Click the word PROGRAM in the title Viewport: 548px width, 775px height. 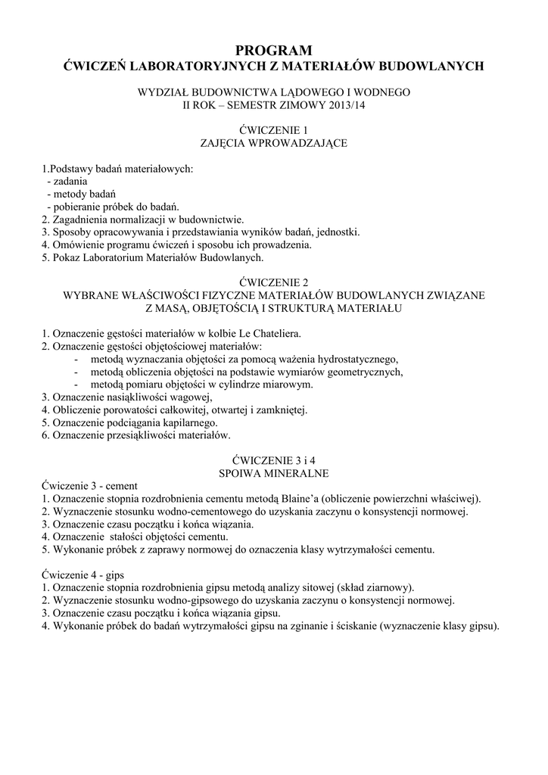(x=273, y=51)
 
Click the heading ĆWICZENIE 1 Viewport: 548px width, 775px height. (x=273, y=129)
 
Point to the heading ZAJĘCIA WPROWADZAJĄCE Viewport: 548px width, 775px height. (x=273, y=143)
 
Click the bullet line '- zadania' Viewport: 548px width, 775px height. (x=67, y=181)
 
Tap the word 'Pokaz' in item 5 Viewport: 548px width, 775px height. (x=68, y=257)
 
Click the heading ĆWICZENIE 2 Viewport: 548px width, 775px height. (x=273, y=282)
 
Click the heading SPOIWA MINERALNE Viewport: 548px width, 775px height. (x=273, y=473)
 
